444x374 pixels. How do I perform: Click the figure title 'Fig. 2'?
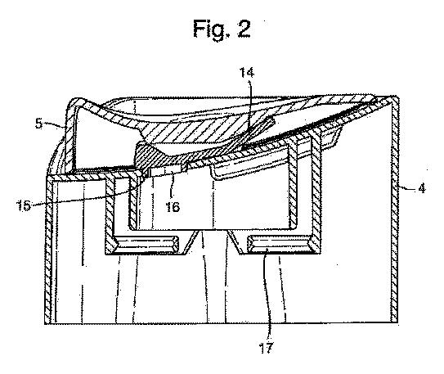tap(222, 29)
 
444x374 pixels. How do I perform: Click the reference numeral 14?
tap(247, 73)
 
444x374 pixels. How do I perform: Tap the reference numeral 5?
tap(38, 124)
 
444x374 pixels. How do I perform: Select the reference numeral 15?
tap(23, 205)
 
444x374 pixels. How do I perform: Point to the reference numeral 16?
tap(173, 207)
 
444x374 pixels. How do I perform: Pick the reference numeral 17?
tap(267, 348)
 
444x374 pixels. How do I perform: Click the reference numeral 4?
tap(422, 188)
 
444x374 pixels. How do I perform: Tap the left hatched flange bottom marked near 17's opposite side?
tap(146, 244)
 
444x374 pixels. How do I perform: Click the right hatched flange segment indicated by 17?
tap(280, 244)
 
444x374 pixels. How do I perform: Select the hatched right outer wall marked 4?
tap(394, 210)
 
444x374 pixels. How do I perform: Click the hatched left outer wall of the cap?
tap(49, 250)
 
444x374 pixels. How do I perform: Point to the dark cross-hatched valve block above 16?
tap(159, 155)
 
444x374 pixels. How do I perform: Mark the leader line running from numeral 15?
tap(85, 196)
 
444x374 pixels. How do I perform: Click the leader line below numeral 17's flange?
tap(267, 295)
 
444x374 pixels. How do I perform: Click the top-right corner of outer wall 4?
tap(397, 97)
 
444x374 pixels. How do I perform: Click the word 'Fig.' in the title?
tap(211, 29)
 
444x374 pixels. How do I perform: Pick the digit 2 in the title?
tap(244, 29)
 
